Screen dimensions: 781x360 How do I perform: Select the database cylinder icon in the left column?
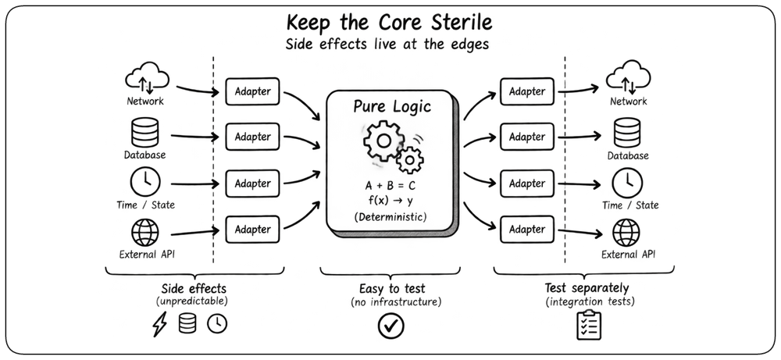click(145, 132)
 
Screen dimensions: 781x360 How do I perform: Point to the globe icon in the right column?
click(626, 233)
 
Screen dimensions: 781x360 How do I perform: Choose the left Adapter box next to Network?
click(252, 91)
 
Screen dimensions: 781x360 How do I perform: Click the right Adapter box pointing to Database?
click(526, 137)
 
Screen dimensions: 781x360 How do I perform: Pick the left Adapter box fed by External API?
click(252, 230)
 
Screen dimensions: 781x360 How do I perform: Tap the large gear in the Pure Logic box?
click(383, 141)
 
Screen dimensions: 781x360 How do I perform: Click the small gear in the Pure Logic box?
click(411, 160)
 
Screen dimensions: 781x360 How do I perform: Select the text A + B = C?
click(390, 186)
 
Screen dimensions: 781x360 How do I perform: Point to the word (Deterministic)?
click(390, 217)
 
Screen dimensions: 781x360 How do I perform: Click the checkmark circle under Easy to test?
click(391, 326)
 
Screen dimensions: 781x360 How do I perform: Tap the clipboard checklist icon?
click(589, 325)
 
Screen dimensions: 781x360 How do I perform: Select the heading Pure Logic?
click(392, 106)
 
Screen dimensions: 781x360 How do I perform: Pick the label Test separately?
click(587, 288)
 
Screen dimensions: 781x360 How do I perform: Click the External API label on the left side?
click(147, 255)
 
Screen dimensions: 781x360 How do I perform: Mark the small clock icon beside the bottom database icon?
click(217, 324)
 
